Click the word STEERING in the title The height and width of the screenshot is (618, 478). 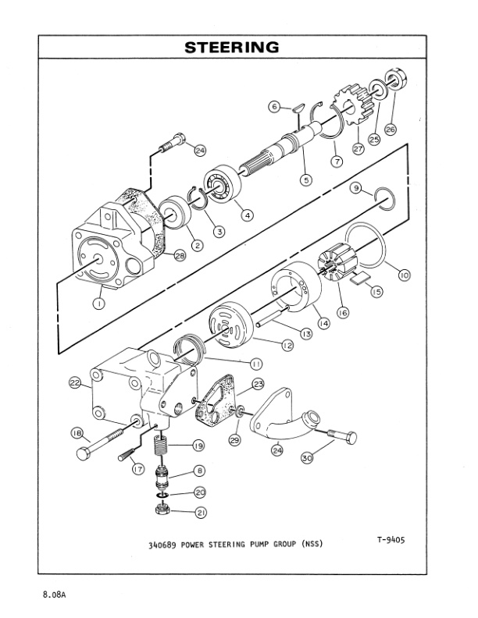tap(232, 48)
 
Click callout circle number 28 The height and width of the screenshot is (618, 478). tap(180, 257)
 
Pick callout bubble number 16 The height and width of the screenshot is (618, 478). tap(343, 311)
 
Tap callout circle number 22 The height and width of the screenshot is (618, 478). tap(75, 382)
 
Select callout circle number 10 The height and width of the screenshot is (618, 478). tap(404, 275)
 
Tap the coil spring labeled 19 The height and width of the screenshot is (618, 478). tap(161, 449)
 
